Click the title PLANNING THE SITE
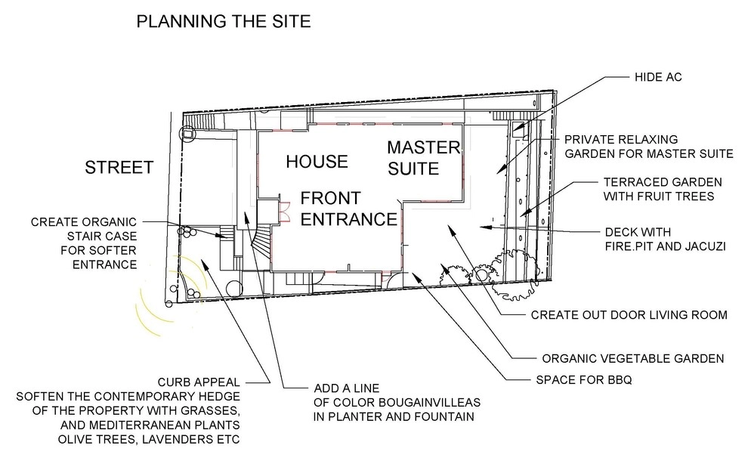point(223,21)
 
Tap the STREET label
point(119,168)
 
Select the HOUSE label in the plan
point(317,162)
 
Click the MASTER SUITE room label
point(424,158)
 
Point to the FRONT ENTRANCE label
point(349,209)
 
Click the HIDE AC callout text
point(658,77)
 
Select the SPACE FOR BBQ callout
point(584,380)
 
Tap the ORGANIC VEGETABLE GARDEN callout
point(633,358)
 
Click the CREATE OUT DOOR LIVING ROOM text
point(629,315)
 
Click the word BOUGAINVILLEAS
point(429,402)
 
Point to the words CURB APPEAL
point(199,382)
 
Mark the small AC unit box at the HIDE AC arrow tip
point(518,127)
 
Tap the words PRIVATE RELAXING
point(621,140)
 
